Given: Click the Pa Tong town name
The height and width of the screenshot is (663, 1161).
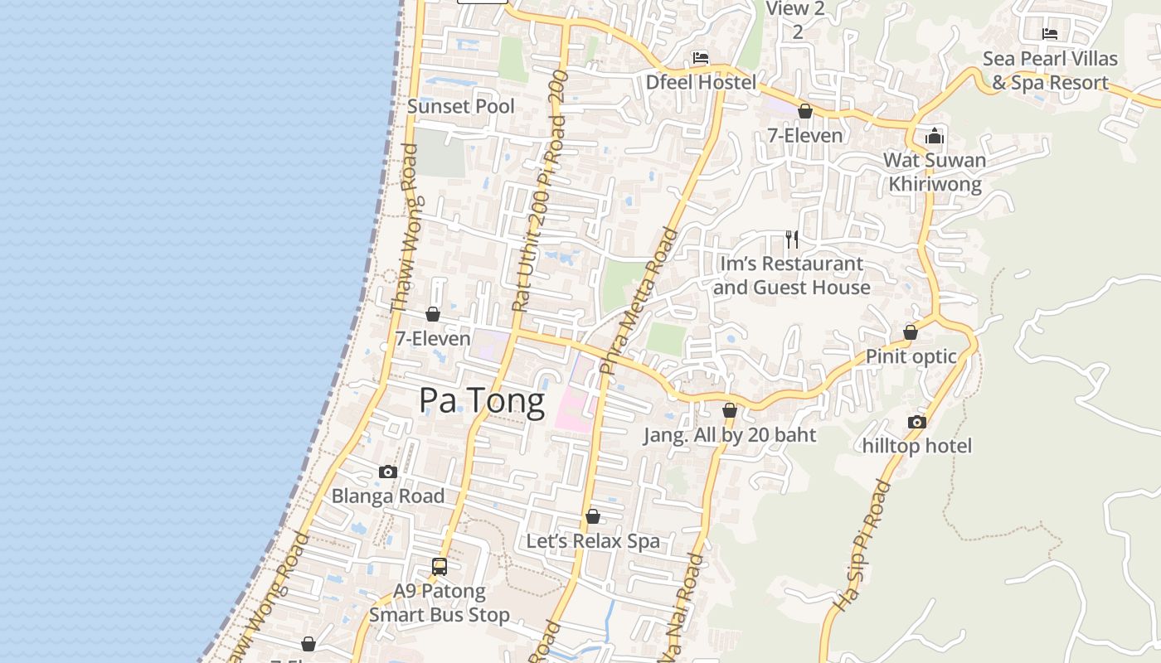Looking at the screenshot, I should coord(482,401).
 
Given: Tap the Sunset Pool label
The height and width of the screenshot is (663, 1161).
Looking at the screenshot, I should coord(461,107).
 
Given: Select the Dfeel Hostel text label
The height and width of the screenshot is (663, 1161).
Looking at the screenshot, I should coord(701,82).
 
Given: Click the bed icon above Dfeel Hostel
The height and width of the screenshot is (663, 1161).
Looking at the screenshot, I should coord(701,58).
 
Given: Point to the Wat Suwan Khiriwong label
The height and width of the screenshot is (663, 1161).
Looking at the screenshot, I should coord(935,172).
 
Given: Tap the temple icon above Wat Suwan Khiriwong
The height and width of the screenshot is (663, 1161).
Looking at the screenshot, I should coord(935,136).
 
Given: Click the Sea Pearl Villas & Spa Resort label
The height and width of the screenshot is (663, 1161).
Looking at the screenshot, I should coord(1050,70).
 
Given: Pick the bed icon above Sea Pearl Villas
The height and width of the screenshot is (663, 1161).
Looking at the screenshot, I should coord(1050,34).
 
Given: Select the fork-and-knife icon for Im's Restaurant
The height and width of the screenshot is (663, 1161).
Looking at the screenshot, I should coord(792,240).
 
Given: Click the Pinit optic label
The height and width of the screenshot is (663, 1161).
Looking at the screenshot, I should coord(911,356).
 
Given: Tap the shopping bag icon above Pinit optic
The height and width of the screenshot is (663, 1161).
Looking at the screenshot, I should coord(911,332).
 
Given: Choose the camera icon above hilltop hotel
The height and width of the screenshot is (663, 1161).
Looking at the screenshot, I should coord(916,422).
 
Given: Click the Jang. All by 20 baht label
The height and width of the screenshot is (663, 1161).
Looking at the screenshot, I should coord(730,435).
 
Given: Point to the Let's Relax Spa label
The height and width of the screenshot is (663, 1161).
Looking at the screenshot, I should coord(593,541).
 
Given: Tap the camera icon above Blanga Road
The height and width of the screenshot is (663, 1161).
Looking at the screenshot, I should coord(387,472).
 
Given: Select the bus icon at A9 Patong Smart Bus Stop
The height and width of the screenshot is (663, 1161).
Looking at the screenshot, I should coord(440,567).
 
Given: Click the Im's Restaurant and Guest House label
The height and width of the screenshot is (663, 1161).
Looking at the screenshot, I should coord(791,276).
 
